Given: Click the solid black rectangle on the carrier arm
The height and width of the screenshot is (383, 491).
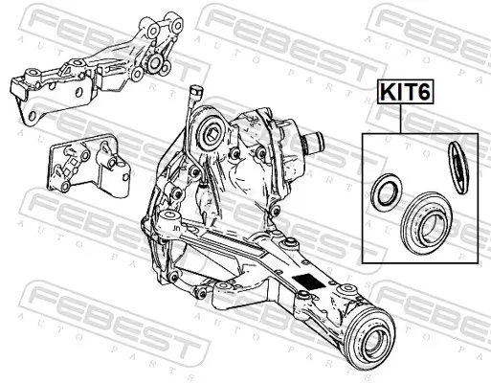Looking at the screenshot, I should click(x=309, y=283).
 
